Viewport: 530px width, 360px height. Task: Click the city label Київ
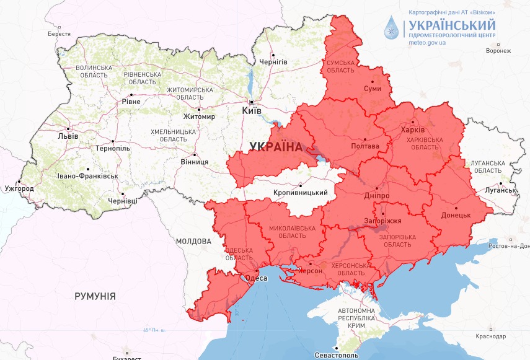252,110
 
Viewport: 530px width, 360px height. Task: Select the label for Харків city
413,131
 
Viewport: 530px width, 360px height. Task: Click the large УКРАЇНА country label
275,147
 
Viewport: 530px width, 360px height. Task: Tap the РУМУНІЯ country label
95,296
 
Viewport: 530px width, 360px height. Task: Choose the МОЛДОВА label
194,241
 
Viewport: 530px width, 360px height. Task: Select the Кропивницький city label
300,193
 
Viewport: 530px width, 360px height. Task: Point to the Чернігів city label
273,62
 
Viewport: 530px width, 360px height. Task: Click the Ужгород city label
19,188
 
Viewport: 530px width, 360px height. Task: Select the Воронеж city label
499,51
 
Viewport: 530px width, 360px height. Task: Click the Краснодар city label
492,336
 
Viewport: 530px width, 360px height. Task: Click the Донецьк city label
456,216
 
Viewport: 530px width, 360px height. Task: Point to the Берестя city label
59,34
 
